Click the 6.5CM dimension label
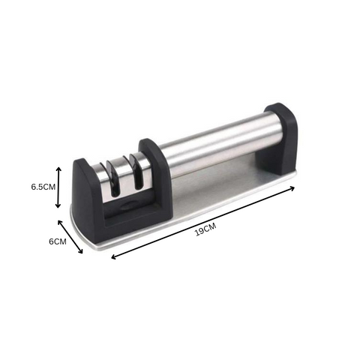click(x=43, y=187)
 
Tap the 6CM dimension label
click(x=58, y=241)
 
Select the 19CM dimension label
click(x=205, y=229)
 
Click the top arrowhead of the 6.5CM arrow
click(x=58, y=169)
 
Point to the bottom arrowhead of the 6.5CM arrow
click(x=58, y=205)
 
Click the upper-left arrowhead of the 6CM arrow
click(x=60, y=222)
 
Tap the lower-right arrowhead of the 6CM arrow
click(x=80, y=251)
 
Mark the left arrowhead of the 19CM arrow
click(x=114, y=256)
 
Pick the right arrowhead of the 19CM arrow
click(x=292, y=188)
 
